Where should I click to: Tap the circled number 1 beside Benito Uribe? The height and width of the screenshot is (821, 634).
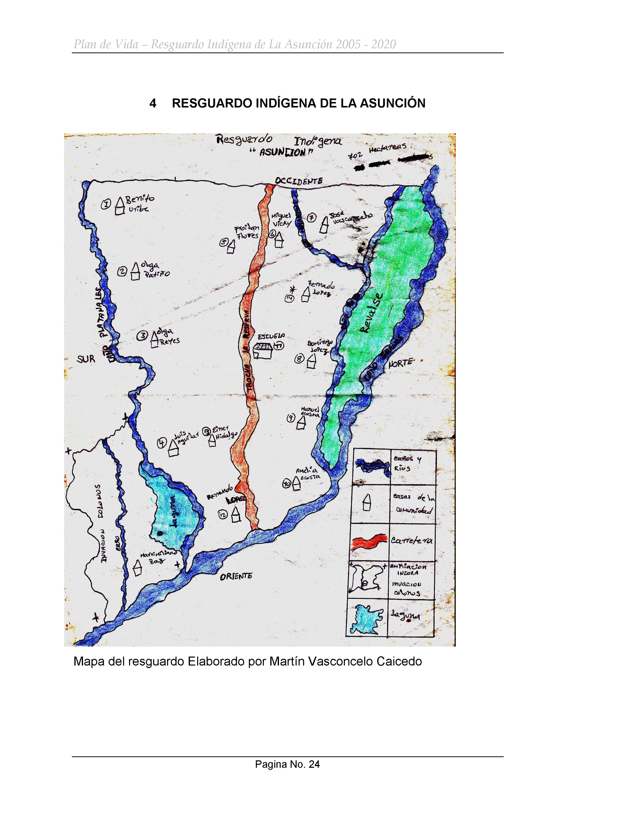coord(106,204)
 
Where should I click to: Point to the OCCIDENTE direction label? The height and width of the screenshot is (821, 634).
coord(299,181)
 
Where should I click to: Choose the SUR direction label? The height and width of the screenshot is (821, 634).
coord(86,359)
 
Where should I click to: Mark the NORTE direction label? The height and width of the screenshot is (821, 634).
coord(400,363)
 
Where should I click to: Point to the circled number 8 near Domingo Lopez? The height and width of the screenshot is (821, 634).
coord(299,358)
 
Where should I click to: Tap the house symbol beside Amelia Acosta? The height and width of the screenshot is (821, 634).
coord(296,483)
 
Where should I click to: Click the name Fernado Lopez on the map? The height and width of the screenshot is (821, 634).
coord(321,288)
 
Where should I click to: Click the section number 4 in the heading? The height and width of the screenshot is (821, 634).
coord(152,103)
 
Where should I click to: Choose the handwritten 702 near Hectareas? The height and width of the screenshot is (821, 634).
coord(355,155)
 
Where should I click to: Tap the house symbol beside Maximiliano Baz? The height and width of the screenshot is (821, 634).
coord(138,568)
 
